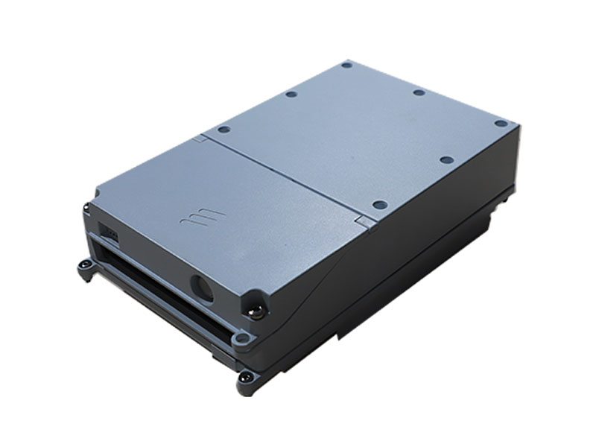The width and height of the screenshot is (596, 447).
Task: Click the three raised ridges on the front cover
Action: point(202,218)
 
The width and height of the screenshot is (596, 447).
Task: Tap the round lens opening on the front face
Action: point(201,288)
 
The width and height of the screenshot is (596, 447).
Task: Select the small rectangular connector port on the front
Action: point(112,233)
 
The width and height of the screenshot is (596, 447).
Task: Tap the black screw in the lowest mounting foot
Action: point(245,378)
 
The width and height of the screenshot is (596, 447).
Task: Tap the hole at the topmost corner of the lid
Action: point(346,66)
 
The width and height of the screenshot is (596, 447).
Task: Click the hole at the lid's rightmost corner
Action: point(501,123)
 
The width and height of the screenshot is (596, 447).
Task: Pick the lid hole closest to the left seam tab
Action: point(223,129)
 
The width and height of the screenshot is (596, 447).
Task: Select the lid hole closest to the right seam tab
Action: point(378,204)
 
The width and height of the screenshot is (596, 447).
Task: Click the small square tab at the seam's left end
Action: point(198,139)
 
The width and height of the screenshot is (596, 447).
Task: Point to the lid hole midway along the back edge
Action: point(419,92)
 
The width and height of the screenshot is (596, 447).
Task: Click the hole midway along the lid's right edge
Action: point(446,159)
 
